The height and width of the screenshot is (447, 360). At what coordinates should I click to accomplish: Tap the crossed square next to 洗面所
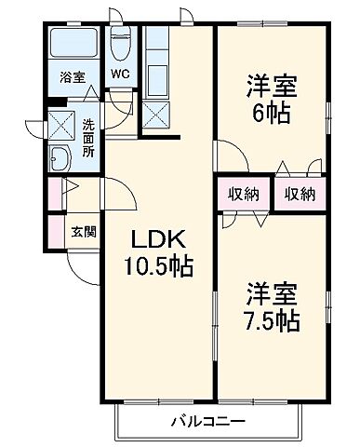coord(62,124)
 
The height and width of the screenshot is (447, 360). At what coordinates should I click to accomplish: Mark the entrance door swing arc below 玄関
coord(81,265)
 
